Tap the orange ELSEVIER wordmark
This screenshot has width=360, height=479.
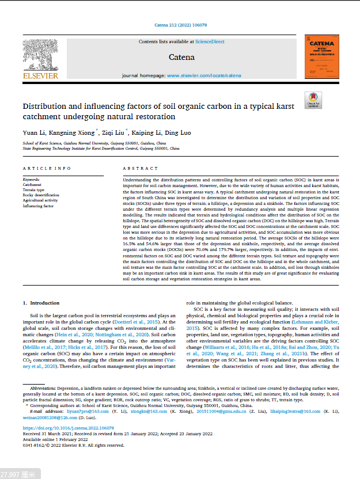(40, 75)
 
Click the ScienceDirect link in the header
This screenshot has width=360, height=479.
(210, 42)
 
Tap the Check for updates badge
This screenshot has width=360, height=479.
(313, 100)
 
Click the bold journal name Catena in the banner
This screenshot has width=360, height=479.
(181, 57)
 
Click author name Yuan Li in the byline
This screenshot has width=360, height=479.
(32, 132)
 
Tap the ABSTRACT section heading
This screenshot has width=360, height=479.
(140, 168)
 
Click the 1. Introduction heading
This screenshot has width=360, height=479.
(41, 303)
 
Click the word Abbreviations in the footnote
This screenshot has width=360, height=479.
(43, 389)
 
